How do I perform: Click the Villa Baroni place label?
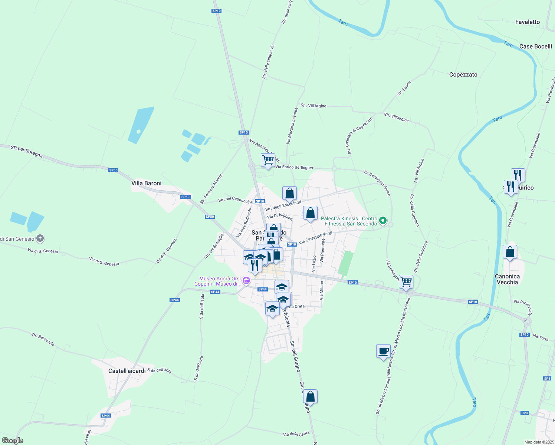point(147,183)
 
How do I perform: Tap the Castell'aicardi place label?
point(127,371)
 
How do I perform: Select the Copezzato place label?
point(463,75)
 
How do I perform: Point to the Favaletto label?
point(527,22)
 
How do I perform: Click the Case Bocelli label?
point(535,46)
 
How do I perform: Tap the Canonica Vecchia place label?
point(507,279)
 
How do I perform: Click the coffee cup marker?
point(383,350)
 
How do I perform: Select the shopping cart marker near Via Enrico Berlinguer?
point(267,160)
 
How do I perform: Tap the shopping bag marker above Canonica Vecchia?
point(510,252)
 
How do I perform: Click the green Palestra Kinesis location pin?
point(383,221)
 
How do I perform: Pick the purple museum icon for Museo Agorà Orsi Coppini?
point(246,281)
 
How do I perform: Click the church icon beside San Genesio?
point(40,238)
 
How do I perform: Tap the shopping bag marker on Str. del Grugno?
point(310,397)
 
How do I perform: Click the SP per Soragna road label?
point(27,151)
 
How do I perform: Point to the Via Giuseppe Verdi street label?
point(315,238)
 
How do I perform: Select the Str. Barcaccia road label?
point(43,339)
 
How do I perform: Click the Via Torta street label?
point(540,337)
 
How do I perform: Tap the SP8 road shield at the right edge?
point(547,378)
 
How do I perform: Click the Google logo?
point(12,441)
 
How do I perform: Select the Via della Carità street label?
point(296,434)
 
